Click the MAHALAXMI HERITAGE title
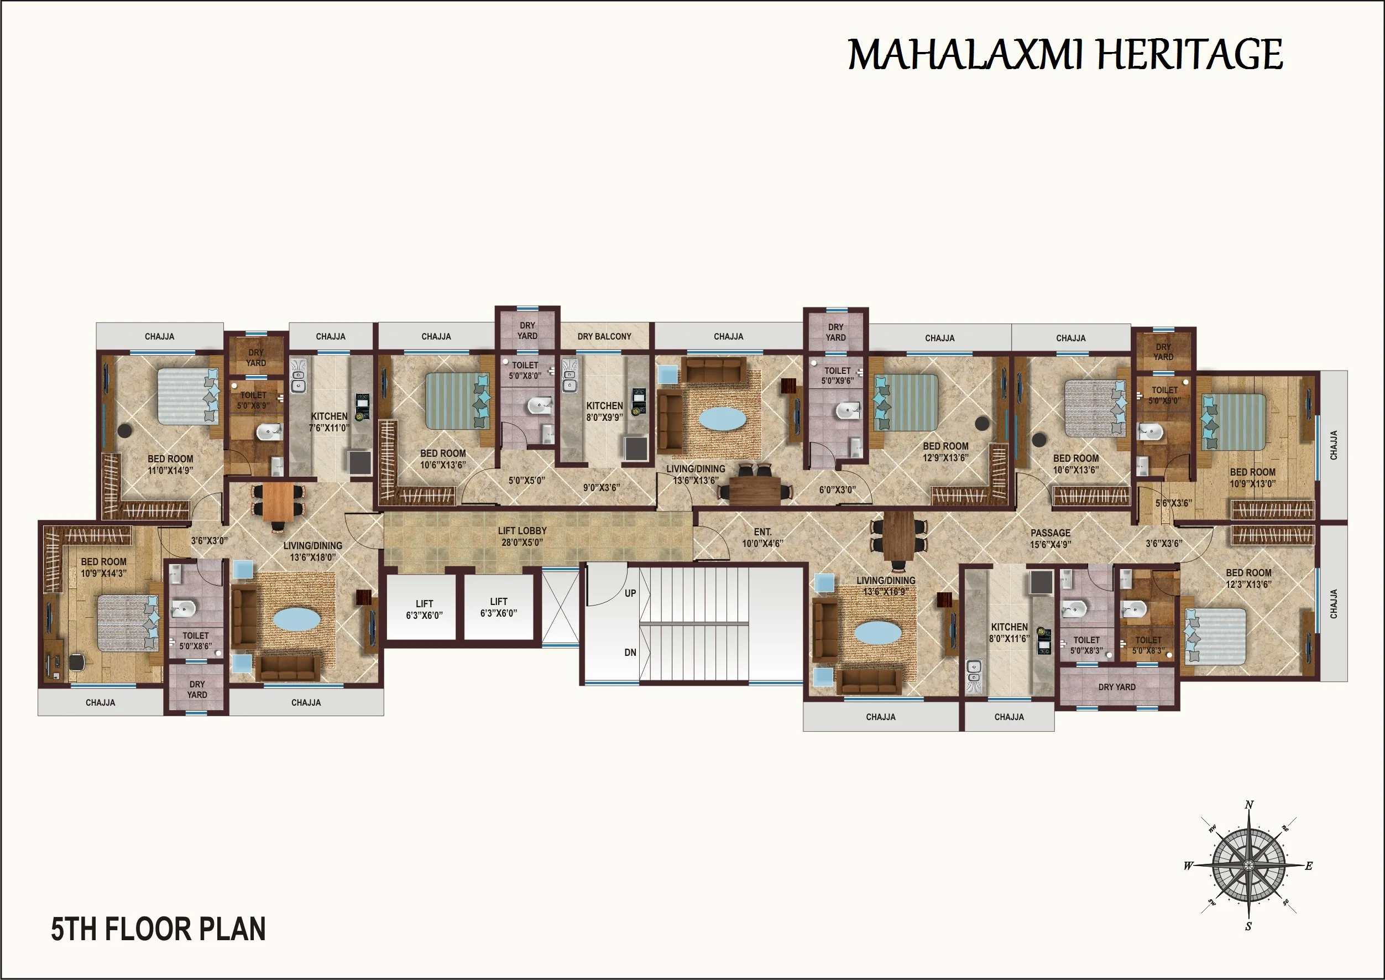point(1065,55)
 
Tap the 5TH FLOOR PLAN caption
point(158,929)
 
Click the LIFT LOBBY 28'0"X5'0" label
point(522,536)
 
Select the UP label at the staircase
point(630,593)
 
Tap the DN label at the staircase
point(630,653)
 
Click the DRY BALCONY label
point(604,336)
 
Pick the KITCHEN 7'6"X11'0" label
point(330,422)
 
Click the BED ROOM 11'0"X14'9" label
point(170,464)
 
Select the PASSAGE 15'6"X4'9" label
point(1050,538)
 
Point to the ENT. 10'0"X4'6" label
point(762,537)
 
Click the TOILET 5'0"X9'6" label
point(837,376)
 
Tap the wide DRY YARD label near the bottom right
point(1116,687)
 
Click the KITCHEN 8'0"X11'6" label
point(1009,633)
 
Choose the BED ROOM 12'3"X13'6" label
point(1248,578)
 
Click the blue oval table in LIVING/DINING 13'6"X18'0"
point(296,619)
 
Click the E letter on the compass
point(1308,866)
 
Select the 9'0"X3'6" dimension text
point(602,487)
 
